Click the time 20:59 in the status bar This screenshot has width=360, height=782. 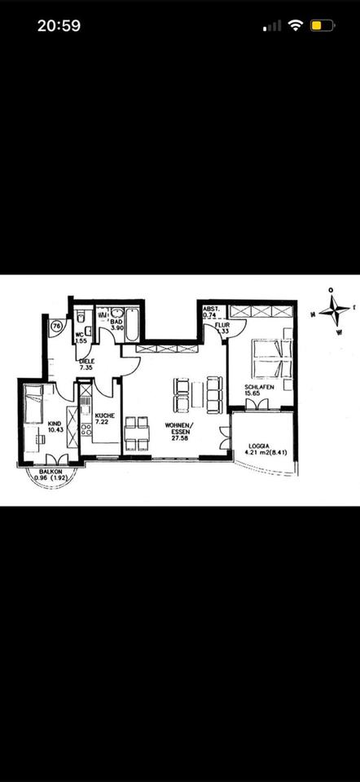(59, 25)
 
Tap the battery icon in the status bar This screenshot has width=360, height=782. (322, 25)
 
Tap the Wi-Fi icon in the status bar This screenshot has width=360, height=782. (295, 25)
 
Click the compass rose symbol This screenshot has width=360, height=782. (332, 312)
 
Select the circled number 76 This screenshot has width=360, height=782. (56, 326)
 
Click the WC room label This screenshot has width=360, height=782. (80, 336)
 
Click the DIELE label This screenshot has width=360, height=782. (87, 364)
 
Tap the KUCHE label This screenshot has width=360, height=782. (104, 419)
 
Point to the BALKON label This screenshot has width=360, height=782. (45, 477)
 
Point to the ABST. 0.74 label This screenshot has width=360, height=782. (211, 312)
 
